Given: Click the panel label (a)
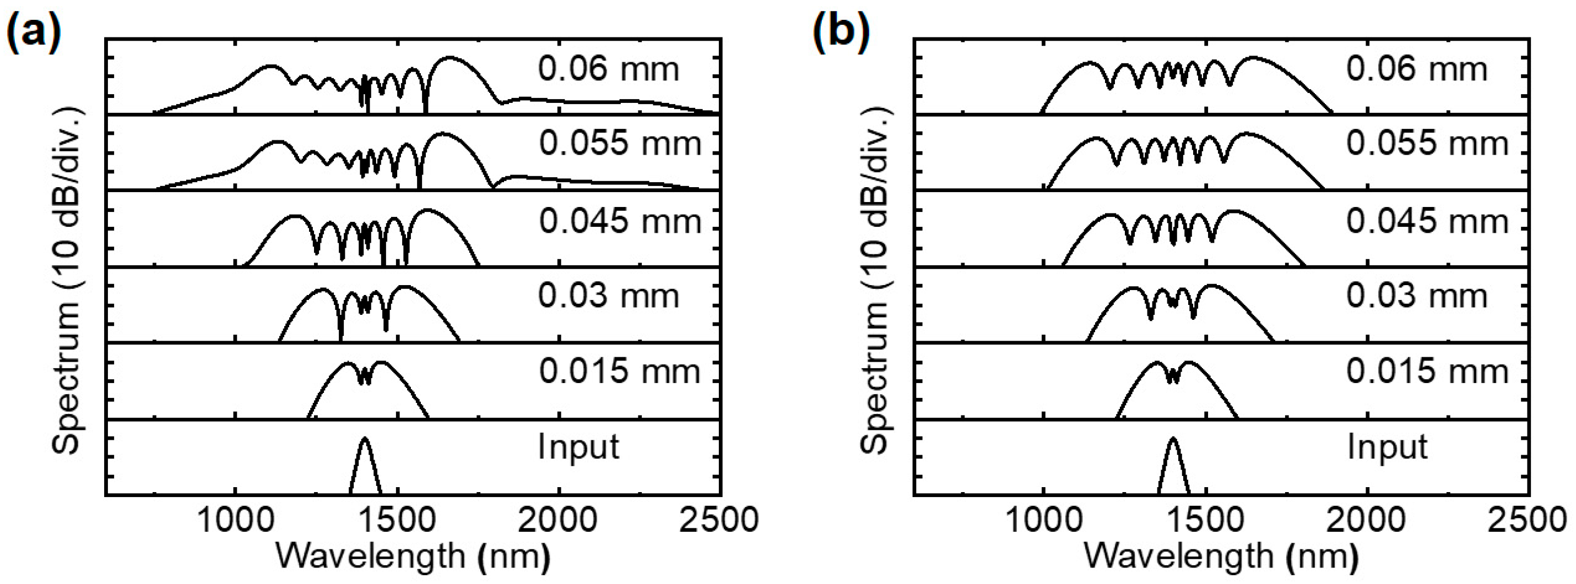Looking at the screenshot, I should click(x=34, y=31).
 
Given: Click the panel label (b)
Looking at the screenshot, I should click(x=842, y=31).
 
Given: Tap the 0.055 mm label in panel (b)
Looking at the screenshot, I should click(x=1427, y=144).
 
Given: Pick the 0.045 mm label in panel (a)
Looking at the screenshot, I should click(x=620, y=221).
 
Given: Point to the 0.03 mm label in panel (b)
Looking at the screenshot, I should click(x=1416, y=296).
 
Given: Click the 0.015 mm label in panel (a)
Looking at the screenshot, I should click(x=620, y=371).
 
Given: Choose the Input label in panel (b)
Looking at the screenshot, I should click(x=1387, y=447).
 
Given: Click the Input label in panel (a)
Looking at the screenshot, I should click(x=579, y=447).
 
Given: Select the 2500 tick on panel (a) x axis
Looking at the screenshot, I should click(x=719, y=520).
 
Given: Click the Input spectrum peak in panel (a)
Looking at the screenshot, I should click(x=365, y=439).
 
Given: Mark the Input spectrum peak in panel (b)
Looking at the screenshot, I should click(x=1173, y=439).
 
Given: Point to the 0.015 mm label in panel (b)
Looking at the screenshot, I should click(x=1427, y=371).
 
